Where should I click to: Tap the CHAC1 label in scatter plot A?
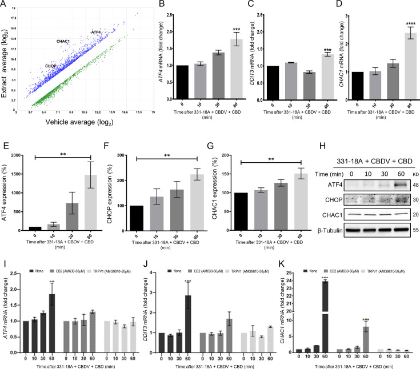[63, 41]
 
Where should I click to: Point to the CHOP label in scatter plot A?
[51, 66]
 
